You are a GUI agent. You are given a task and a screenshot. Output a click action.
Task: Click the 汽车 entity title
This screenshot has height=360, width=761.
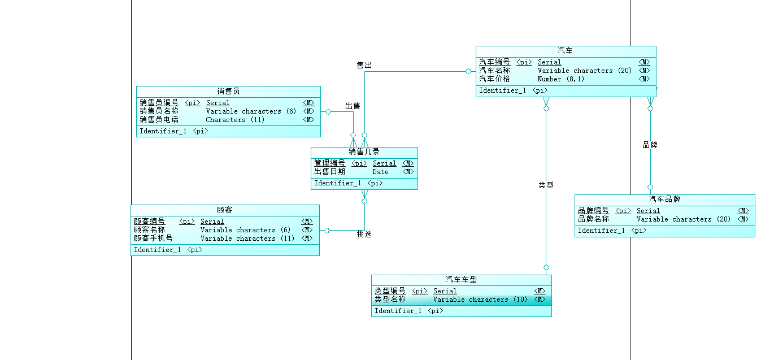coord(565,51)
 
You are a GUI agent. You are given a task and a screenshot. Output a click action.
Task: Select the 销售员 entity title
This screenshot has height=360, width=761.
coord(228,91)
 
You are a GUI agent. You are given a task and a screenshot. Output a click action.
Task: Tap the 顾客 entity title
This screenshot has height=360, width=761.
coord(225,210)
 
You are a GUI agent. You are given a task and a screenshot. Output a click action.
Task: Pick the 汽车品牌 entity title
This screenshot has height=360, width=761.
coord(664,199)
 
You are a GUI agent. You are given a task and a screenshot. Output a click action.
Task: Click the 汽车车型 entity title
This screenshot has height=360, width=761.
coord(461,280)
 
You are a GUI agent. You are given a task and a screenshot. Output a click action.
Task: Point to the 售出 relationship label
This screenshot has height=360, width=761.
coord(364,66)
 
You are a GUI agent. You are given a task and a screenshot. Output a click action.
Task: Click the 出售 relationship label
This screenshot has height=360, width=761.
coord(353,106)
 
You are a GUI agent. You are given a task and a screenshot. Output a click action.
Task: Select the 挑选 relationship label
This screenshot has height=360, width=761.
coord(364,234)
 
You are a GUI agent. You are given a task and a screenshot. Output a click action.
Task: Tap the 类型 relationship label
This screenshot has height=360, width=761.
coord(546,185)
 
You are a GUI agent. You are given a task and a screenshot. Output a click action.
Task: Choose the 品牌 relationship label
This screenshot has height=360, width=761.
coord(650,145)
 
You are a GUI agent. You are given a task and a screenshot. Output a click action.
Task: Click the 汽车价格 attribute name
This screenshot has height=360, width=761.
coord(494,79)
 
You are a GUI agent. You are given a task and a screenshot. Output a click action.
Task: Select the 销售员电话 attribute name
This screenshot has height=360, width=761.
coord(159,120)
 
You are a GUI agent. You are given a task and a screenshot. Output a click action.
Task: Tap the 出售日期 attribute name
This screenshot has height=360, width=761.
coord(329,172)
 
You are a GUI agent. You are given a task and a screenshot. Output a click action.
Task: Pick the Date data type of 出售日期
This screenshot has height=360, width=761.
coord(380,172)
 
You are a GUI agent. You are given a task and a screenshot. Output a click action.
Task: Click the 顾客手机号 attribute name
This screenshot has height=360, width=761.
coord(153,238)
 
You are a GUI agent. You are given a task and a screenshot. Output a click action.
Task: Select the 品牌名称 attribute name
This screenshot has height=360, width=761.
coord(593,219)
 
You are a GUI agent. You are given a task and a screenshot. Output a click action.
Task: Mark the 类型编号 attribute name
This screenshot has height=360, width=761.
coord(390,291)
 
